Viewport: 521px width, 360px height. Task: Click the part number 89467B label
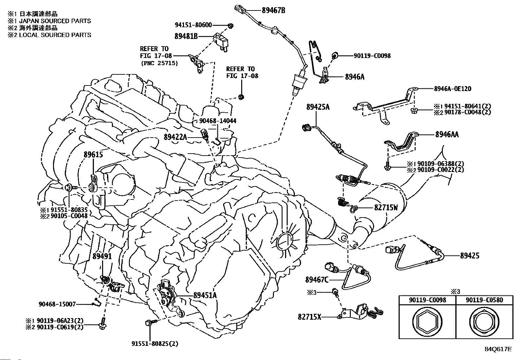click(273, 10)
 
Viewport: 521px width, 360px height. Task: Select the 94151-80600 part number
click(193, 25)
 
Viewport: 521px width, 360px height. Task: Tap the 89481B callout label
click(186, 36)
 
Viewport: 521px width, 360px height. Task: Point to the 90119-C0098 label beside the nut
click(372, 56)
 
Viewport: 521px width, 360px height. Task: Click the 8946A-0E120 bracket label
click(453, 89)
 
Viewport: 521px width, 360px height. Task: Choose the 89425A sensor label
click(318, 107)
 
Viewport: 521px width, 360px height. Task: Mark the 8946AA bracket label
click(447, 134)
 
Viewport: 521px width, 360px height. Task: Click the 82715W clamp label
click(386, 207)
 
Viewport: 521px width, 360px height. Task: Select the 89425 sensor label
click(470, 256)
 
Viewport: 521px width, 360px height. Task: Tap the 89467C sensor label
click(317, 279)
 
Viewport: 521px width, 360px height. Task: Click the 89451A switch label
click(205, 295)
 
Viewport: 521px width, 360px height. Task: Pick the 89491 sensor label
click(102, 256)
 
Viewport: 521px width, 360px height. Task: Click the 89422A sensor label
click(175, 137)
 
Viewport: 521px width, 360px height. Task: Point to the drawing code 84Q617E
click(498, 349)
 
